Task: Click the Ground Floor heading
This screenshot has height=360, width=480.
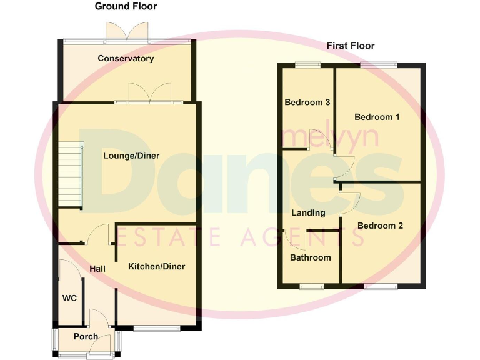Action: click(126, 7)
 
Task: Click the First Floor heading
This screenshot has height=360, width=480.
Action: click(351, 46)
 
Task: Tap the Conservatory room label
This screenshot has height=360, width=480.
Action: click(126, 59)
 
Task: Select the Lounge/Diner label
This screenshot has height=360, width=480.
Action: click(131, 156)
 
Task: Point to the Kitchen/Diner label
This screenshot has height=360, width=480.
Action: click(156, 267)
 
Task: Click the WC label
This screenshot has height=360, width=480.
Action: click(69, 298)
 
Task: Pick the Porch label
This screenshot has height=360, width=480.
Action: click(86, 336)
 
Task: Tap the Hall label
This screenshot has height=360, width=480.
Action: click(97, 269)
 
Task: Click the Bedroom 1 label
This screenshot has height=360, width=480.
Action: click(377, 117)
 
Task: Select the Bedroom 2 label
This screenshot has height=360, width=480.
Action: click(380, 226)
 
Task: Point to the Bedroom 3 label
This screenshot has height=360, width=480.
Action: click(307, 102)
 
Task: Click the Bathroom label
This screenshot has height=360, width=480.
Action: click(311, 257)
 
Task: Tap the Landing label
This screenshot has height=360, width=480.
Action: click(309, 213)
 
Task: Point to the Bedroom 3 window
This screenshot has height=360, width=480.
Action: click(307, 64)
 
